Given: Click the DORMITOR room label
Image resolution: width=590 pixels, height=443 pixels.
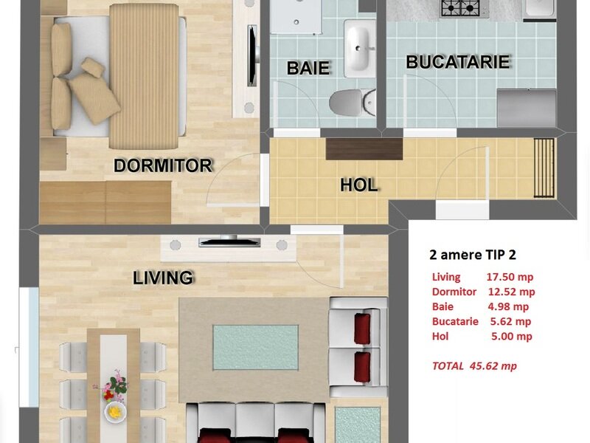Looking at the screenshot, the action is [x=163, y=165].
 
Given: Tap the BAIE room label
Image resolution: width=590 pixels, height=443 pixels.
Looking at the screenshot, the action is [x=308, y=68].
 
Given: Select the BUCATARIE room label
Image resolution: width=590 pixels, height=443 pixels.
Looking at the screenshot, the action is [x=458, y=62].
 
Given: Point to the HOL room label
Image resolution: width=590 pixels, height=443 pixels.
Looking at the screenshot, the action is [x=359, y=185].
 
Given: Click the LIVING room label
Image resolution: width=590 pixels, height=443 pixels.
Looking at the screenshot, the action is [x=163, y=278].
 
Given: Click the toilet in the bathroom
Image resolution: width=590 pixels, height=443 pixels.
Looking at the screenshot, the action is [x=353, y=102].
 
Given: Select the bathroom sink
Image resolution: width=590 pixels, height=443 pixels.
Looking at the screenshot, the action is [x=360, y=48].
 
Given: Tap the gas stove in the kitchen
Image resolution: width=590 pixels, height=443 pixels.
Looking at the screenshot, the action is [x=465, y=8].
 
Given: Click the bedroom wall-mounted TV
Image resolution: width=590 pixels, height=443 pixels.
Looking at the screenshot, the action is [x=252, y=55].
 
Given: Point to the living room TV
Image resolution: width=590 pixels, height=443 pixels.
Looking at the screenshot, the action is [x=229, y=241].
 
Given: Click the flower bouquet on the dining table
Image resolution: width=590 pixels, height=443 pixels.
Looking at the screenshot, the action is [x=114, y=385].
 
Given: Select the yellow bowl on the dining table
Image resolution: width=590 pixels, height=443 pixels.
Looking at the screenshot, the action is [x=115, y=412].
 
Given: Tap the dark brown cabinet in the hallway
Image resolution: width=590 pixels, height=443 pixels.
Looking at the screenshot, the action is [x=364, y=149].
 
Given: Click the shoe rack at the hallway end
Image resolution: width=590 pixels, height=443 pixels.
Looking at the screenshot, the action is [x=544, y=168].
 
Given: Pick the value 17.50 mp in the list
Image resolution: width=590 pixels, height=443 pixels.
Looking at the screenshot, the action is [x=510, y=277].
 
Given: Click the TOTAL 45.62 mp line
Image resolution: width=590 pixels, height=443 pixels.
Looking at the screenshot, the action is [x=474, y=365].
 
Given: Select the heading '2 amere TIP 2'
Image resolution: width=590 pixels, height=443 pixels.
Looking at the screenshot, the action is [x=473, y=255].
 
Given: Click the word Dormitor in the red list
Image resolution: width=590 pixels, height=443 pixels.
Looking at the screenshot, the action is [x=454, y=292].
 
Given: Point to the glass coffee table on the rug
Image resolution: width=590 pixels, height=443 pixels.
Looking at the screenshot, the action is [x=256, y=347].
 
